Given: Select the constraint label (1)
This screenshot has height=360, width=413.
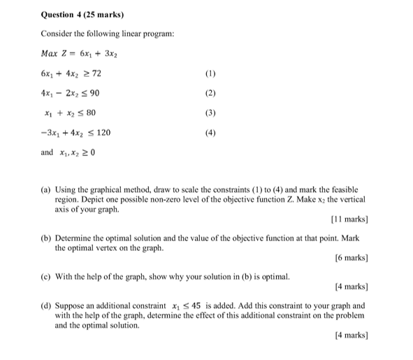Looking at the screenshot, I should (x=212, y=73).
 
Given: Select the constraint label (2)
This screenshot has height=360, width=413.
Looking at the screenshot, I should (x=212, y=93).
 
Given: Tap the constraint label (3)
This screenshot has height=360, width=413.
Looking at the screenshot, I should (x=212, y=113).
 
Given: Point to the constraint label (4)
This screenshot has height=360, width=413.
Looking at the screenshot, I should (x=212, y=133).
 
